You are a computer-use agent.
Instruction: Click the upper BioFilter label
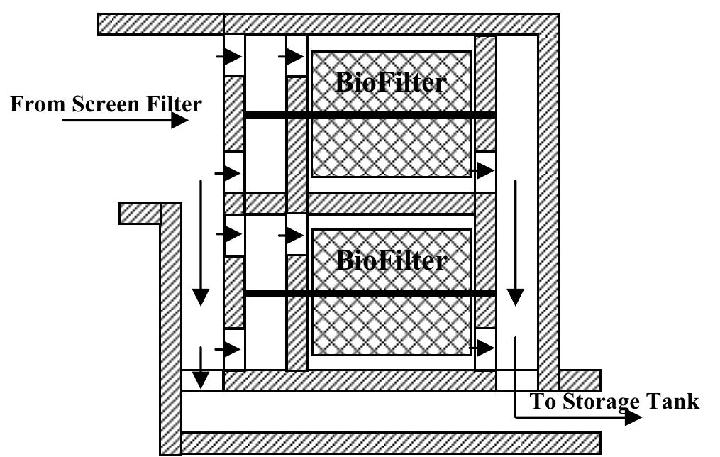click(391, 83)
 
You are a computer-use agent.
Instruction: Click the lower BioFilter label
click(391, 260)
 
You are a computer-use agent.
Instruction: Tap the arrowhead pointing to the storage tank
click(633, 417)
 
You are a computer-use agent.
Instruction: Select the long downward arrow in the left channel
click(201, 241)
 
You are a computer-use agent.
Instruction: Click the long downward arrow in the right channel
click(516, 241)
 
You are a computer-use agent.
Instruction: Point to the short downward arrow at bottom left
click(201, 369)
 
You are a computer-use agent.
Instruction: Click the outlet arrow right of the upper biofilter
click(485, 171)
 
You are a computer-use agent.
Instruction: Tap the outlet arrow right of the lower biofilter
click(485, 348)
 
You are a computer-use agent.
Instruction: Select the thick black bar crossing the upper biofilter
click(369, 115)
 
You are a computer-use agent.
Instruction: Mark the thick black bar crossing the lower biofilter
click(369, 292)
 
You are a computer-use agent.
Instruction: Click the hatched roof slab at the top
click(326, 23)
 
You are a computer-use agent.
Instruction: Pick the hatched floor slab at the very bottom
click(390, 443)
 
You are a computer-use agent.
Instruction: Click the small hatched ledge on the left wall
click(139, 213)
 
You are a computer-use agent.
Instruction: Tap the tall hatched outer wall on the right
click(548, 206)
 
